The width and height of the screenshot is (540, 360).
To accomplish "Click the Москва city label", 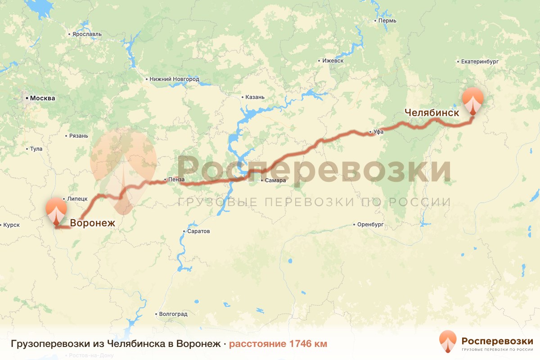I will click(41, 98).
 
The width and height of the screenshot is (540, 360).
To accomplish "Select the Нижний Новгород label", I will click(174, 79).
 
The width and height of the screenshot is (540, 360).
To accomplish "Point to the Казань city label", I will click(255, 97).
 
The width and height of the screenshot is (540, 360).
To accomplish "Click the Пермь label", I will click(387, 21).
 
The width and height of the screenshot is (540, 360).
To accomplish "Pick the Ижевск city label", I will click(333, 60).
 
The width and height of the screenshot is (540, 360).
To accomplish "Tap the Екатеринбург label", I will click(480, 61).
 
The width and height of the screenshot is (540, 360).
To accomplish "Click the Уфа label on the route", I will click(378, 132).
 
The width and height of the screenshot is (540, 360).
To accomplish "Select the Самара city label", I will click(275, 180).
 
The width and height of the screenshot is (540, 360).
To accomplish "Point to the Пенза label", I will click(175, 180).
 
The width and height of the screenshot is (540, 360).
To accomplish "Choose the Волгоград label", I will click(173, 314).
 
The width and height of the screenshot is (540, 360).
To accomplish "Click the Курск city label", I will click(12, 225).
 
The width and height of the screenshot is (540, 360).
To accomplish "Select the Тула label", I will click(36, 149).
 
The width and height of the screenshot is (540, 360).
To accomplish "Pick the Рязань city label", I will click(78, 136).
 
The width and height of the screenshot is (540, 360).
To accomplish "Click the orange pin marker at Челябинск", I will click(472, 100).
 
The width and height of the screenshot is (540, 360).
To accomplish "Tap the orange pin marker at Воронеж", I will click(56, 210).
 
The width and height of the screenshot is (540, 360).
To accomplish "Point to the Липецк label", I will click(77, 198).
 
